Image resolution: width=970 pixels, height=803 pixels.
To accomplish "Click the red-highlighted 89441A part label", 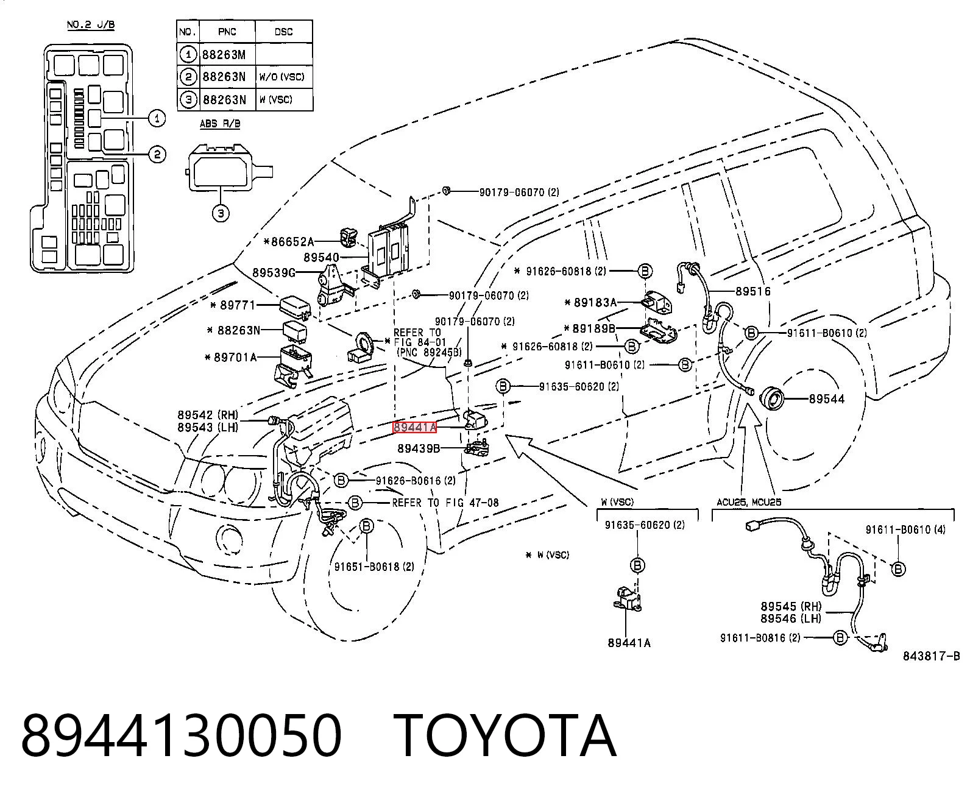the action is click(x=414, y=427).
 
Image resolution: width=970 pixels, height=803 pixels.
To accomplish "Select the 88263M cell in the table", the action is click(x=224, y=55).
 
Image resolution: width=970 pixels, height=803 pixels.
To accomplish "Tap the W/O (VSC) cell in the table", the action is click(x=282, y=77).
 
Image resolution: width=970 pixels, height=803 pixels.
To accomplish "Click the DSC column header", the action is click(x=283, y=32).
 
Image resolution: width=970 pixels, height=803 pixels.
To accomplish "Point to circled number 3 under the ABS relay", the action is click(x=221, y=213).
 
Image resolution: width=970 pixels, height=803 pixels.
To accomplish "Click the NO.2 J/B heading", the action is click(x=91, y=24).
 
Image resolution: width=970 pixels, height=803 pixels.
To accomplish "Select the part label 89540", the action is click(x=322, y=258).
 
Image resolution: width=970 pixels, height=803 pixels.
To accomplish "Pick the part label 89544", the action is click(x=826, y=398).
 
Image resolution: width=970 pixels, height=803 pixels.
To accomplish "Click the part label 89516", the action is click(x=753, y=291).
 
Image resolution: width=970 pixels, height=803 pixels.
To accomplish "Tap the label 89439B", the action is click(x=419, y=448).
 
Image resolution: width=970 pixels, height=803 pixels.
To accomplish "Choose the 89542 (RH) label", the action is click(x=208, y=414).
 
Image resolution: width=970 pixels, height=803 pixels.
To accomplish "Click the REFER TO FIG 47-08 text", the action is click(x=445, y=503).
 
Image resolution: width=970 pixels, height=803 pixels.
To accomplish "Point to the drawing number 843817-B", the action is click(x=931, y=656).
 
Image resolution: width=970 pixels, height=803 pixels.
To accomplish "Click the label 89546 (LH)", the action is click(x=791, y=618).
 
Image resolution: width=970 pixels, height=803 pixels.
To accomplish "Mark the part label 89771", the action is click(x=238, y=305).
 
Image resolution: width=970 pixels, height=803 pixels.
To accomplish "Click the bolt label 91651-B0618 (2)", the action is click(x=374, y=567).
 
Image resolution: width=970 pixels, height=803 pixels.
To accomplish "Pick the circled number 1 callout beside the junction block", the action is click(x=157, y=118).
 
